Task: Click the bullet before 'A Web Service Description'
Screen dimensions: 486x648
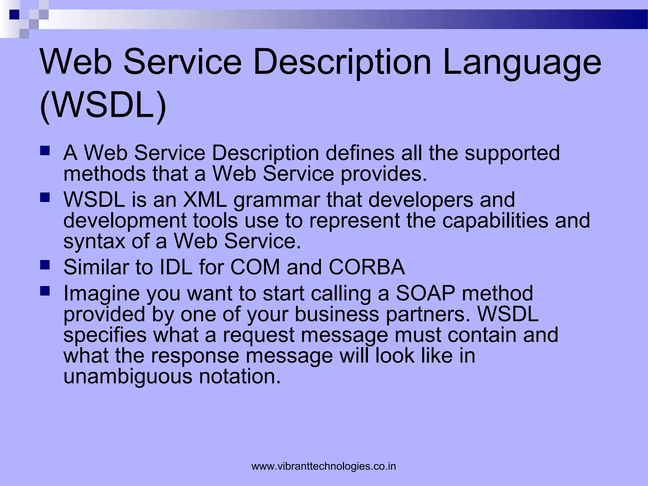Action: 45,150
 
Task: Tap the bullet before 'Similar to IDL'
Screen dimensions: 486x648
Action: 45,265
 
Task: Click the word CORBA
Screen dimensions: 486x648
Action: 367,267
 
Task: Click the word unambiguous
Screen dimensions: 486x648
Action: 128,377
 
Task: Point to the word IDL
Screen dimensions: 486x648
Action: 176,267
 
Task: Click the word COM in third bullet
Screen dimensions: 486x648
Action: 255,267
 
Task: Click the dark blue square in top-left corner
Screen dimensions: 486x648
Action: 14,15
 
